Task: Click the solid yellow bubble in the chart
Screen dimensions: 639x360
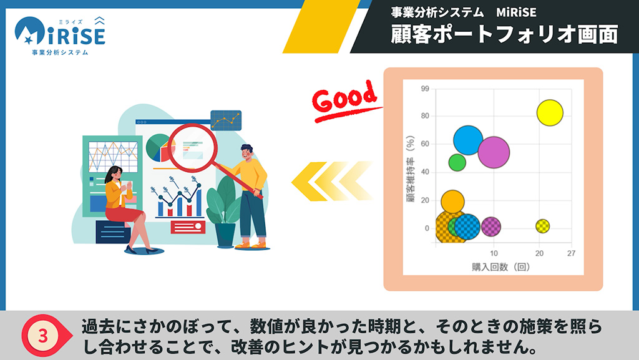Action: (550, 113)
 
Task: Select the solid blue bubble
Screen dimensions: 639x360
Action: (468, 140)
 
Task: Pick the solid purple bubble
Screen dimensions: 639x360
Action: (494, 152)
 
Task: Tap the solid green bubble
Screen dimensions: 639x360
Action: (457, 162)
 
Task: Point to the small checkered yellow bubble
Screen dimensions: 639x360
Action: (542, 226)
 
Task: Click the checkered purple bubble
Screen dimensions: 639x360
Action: (491, 226)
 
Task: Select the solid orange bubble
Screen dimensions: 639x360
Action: (452, 202)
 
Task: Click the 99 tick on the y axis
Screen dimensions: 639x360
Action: (425, 89)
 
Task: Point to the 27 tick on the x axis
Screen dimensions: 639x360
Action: (572, 253)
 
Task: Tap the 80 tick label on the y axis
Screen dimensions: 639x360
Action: (425, 115)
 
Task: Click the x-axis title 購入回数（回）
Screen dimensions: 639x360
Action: (501, 267)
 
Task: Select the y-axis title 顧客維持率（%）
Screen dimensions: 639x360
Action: (411, 169)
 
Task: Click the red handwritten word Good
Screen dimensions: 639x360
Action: (344, 99)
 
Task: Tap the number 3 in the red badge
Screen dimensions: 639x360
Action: (43, 336)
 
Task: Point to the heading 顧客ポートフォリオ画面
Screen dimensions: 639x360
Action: (504, 34)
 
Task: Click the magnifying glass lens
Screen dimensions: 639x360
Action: (193, 148)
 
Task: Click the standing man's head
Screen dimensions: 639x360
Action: (247, 152)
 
